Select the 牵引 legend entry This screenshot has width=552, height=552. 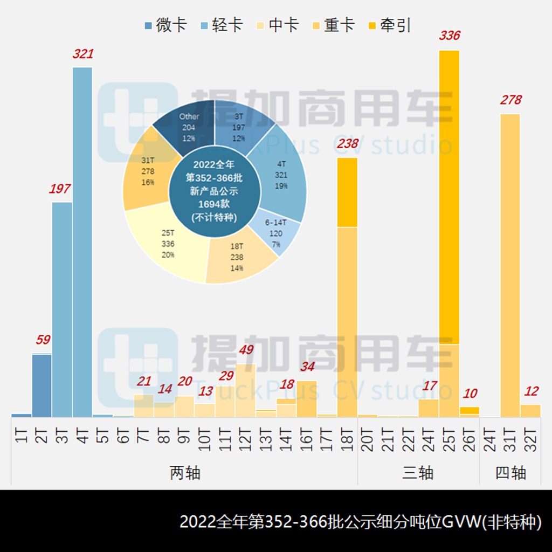(389, 25)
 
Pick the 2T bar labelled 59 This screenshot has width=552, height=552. (42, 385)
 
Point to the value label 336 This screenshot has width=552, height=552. (450, 36)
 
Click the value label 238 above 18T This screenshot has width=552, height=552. (347, 143)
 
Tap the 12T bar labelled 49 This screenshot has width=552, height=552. (245, 390)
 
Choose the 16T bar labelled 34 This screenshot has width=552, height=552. (307, 399)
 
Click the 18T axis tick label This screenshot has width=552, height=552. (348, 440)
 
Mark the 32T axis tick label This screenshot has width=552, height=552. (530, 440)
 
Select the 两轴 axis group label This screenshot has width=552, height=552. (185, 473)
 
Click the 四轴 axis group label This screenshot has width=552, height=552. (510, 473)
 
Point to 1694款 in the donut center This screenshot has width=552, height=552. (215, 204)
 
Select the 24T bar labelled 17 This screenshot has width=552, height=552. (429, 408)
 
